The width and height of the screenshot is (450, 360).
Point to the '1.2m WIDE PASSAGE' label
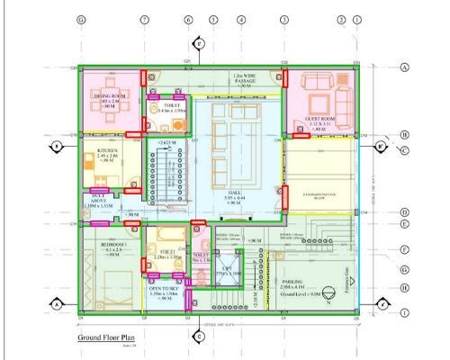point(240,79)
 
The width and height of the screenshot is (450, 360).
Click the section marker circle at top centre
point(199,42)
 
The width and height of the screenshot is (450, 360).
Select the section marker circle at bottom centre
point(199,337)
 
